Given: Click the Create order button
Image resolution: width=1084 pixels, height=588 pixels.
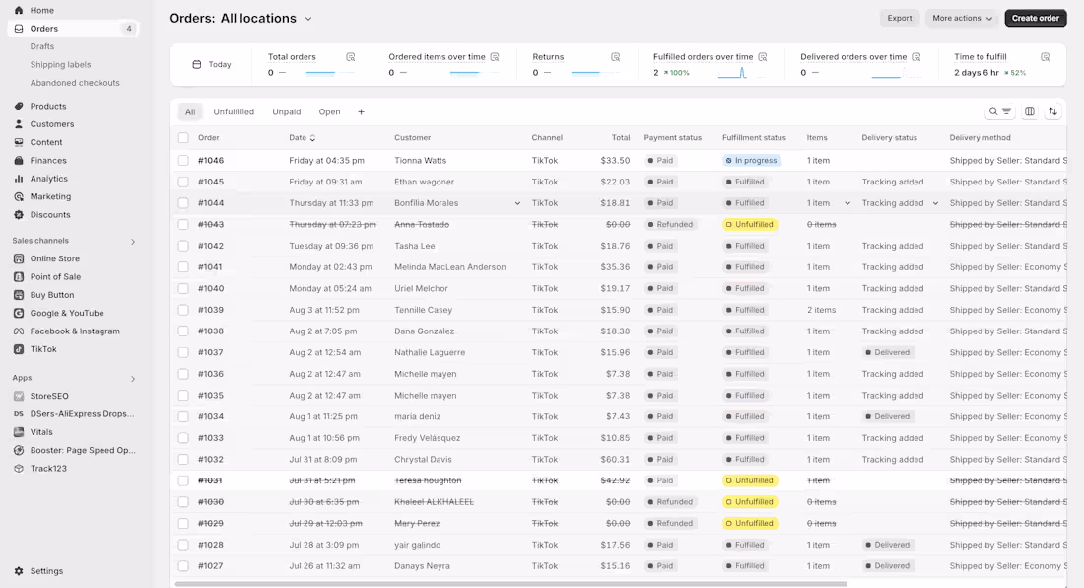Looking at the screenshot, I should point(1036,18).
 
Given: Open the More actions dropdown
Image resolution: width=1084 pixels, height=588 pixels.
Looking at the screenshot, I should point(962,18).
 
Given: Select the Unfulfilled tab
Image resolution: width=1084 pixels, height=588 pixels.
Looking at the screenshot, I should point(234,111).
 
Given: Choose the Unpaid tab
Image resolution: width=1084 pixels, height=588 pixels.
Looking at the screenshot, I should point(287,111).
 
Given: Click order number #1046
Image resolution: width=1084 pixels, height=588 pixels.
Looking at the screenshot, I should point(211,160).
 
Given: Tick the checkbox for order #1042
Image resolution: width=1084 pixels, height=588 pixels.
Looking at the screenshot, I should point(183,246).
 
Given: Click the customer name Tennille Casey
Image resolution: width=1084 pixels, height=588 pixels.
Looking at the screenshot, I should point(423,310).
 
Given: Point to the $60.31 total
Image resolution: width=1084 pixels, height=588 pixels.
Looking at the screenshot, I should point(615,459).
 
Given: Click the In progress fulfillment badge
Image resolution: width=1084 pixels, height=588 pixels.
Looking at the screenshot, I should point(752,160).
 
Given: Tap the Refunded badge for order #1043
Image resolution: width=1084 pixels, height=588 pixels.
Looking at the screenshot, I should point(670,224).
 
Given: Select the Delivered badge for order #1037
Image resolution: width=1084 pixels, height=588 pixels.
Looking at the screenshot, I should point(888,352).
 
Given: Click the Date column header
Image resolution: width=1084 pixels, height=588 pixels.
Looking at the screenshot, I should point(300,138).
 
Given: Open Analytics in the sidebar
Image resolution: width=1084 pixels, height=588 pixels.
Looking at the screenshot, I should point(48,179).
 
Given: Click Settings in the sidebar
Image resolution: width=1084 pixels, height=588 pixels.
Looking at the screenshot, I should point(46,571).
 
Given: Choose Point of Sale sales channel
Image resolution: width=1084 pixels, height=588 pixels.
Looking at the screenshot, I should point(55,277).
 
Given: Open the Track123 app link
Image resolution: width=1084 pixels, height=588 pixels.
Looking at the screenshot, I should point(48,469).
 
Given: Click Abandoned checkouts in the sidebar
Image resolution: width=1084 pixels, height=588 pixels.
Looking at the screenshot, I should point(75,83).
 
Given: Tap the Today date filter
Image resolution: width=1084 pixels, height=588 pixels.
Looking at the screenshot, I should point(212,64).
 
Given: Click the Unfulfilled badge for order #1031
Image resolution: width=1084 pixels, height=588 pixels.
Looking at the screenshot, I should point(750,480).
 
